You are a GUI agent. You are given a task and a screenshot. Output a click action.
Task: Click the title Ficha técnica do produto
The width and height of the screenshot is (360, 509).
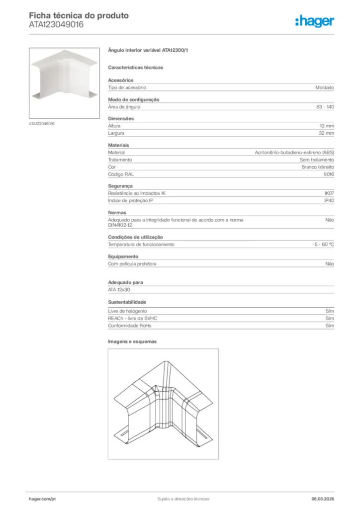coord(79,15)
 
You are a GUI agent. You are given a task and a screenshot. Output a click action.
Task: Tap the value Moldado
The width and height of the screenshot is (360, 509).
coord(324,87)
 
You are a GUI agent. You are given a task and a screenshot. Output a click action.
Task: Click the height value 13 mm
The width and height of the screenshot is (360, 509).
coord(326,126)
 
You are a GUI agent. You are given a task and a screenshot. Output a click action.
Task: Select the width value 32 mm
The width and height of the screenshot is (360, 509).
coord(326,133)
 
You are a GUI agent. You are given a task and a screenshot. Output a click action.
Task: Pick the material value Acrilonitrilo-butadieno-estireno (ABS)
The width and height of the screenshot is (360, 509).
coord(294,152)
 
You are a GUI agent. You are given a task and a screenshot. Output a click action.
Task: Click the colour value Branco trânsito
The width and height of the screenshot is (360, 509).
coord(318,167)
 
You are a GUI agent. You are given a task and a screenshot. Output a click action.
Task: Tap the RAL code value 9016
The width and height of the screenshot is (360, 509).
coord(329,174)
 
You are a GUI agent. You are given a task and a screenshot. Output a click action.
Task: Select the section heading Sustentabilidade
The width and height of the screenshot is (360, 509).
coord(127,302)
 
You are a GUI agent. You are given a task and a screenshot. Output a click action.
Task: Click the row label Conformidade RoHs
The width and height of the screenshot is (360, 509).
coord(130,326)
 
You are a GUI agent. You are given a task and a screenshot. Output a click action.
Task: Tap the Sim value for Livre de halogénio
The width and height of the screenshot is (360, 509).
coord(330,311)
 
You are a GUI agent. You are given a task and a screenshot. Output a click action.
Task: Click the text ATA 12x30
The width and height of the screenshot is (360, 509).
coord(119,289)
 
